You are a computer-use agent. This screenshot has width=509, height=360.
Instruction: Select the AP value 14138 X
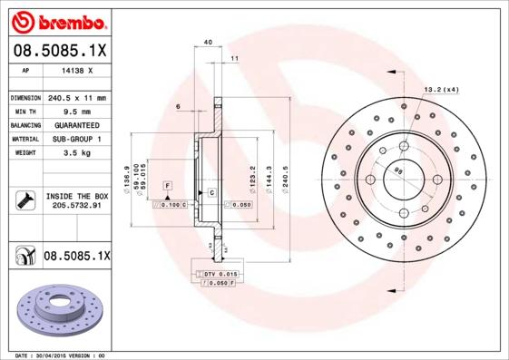coord(75,69)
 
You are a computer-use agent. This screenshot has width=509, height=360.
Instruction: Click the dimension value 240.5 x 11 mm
coord(75,97)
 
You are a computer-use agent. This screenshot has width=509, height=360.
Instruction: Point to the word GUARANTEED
coord(75,124)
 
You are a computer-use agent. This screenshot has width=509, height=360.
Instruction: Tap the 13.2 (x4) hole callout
coord(441,89)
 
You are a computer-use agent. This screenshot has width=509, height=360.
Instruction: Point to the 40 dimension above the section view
coord(208,43)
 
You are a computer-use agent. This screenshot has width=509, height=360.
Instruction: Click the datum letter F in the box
coord(168,185)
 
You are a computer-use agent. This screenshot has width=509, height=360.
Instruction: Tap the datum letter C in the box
coord(210,193)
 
